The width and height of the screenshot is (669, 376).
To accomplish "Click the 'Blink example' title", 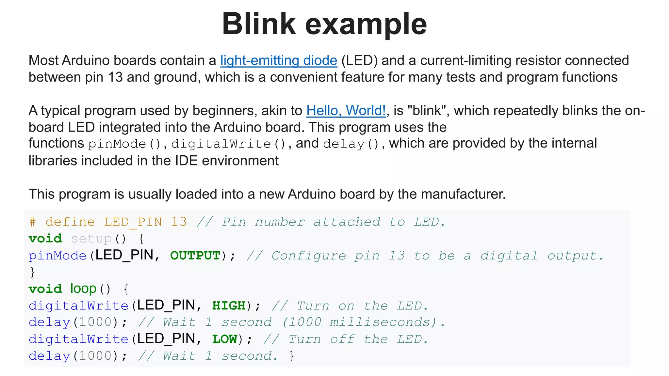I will [x=324, y=24].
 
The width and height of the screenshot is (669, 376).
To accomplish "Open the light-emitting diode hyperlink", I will [x=278, y=61].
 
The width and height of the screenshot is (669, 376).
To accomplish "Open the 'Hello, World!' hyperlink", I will [x=346, y=111].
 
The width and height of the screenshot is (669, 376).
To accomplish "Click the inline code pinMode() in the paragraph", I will [x=124, y=144].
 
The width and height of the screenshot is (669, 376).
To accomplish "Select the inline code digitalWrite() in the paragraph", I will [x=228, y=144].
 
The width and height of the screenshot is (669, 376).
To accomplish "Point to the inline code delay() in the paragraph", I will [x=351, y=144].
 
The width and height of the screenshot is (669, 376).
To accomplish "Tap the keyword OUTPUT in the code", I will [x=195, y=256].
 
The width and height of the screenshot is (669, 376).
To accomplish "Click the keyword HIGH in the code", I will [x=229, y=306].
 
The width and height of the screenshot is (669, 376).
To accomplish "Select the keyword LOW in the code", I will [x=225, y=339].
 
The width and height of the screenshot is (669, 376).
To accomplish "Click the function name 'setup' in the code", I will [x=91, y=239].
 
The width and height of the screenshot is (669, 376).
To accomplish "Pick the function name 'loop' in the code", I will [x=83, y=289].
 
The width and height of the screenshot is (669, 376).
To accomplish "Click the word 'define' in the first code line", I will [x=70, y=222].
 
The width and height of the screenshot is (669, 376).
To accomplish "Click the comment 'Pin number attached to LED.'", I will [x=333, y=222].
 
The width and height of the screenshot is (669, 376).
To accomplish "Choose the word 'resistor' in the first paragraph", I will [x=538, y=61].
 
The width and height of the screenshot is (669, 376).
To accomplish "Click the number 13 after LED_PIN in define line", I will [x=179, y=222].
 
